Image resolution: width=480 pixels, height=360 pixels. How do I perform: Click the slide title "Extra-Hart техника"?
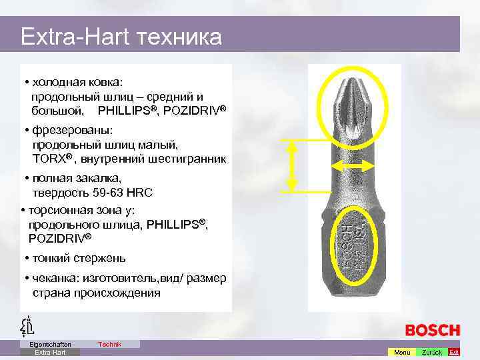coord(121,36)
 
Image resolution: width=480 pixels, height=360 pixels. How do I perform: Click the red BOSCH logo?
coord(433,330)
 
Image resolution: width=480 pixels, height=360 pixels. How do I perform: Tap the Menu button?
coord(402,352)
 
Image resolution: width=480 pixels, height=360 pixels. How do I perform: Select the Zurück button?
coord(432,352)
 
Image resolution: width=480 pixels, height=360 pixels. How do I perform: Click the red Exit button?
coord(454,352)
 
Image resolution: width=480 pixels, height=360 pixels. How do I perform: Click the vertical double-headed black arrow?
coord(291,165)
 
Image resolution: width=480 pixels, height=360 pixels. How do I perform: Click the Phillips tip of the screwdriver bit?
coord(353,107)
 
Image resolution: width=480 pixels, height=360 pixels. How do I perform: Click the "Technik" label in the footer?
coord(109,344)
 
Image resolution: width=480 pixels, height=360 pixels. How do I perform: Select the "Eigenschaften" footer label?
coord(50,344)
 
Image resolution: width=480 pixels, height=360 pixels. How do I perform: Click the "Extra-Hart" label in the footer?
coord(50,352)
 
